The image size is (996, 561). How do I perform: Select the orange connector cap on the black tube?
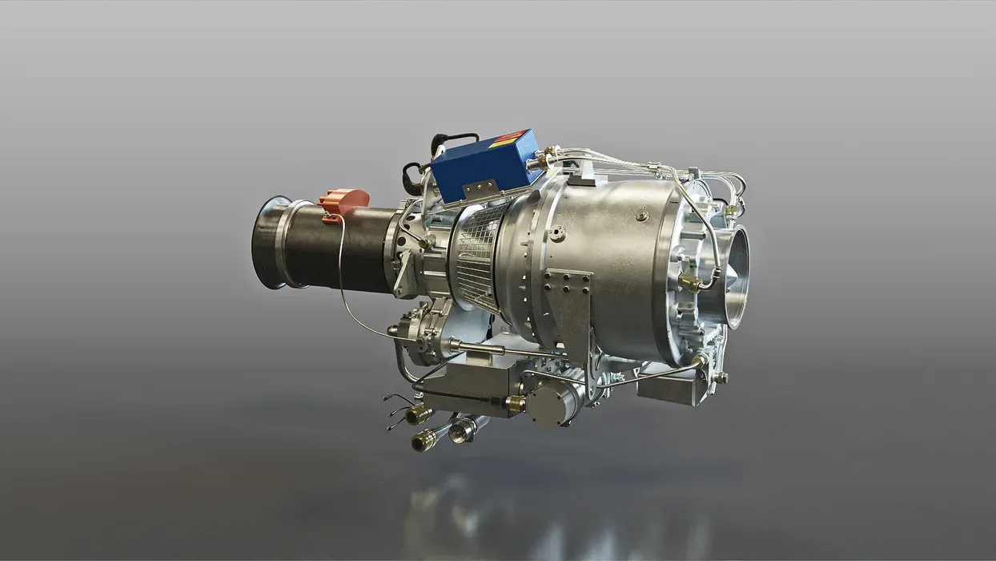(x=345, y=201)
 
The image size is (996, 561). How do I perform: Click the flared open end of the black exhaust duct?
(x=269, y=241)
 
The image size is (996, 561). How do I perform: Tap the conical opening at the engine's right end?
(x=732, y=276)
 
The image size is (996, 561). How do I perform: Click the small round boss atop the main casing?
(x=641, y=215)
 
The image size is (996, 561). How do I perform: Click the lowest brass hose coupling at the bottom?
(x=424, y=440)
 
